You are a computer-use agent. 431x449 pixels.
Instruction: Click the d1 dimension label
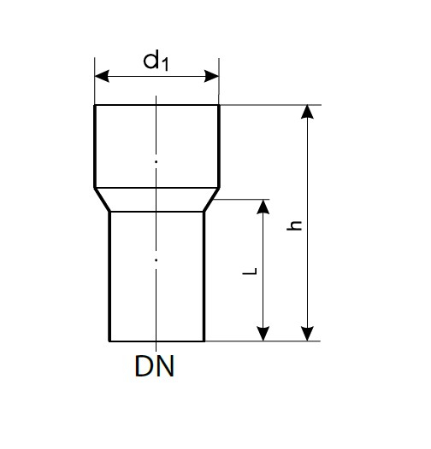click(156, 61)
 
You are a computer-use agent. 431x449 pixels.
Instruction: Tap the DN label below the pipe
click(155, 366)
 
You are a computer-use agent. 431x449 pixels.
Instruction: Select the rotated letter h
click(294, 225)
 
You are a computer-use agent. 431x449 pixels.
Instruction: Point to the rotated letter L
click(250, 271)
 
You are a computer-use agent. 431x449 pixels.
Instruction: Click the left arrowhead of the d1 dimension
click(102, 76)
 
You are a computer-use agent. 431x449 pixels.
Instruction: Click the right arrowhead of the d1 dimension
click(211, 76)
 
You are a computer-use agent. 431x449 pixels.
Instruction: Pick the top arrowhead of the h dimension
click(307, 112)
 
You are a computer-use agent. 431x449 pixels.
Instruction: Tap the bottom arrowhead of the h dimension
click(307, 334)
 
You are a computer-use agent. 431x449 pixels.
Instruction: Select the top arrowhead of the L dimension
click(263, 207)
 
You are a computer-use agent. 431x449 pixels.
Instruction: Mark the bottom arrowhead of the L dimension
click(263, 334)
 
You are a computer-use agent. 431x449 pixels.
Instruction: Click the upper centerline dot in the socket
click(156, 162)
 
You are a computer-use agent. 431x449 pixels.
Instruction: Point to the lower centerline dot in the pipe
click(156, 260)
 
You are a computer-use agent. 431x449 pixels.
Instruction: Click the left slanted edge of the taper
click(102, 200)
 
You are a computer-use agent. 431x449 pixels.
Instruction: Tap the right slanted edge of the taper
click(212, 200)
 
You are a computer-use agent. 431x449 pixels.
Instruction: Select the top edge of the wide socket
click(157, 105)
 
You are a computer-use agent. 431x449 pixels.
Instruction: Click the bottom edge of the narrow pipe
click(156, 341)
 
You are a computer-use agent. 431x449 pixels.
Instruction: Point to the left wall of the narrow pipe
click(109, 277)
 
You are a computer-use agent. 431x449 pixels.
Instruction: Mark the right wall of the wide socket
click(219, 146)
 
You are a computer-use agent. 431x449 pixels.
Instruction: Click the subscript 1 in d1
click(165, 64)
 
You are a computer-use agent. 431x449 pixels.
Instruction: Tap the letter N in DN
click(165, 366)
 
